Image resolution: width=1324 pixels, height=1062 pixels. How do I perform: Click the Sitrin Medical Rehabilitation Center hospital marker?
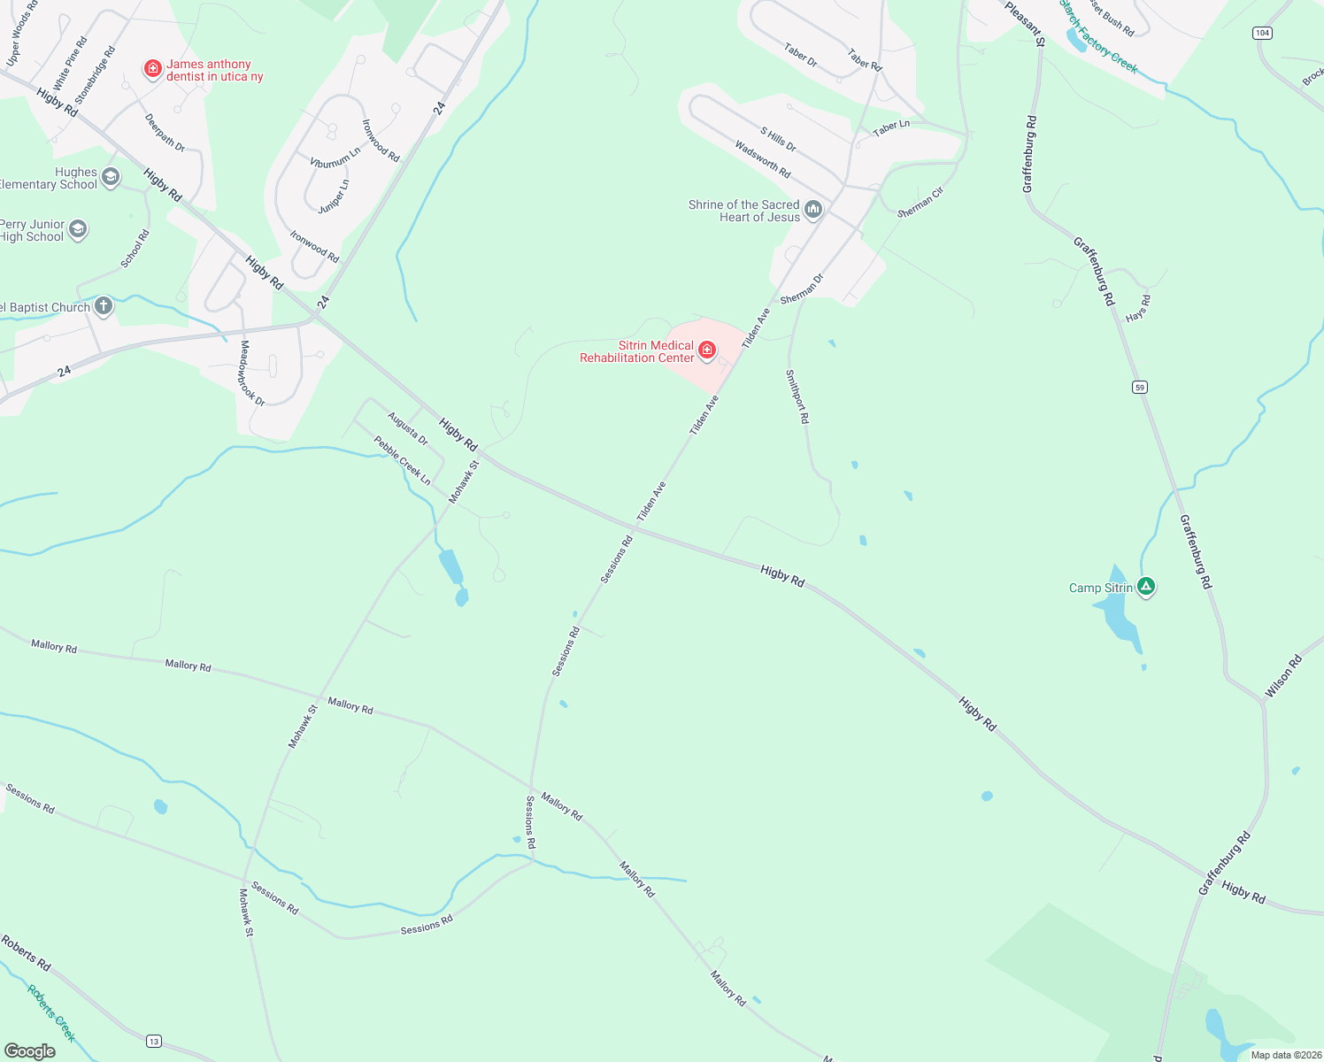(x=707, y=350)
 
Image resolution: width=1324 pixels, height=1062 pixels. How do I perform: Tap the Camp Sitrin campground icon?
(x=1146, y=586)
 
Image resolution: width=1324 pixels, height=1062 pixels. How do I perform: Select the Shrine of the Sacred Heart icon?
(x=813, y=210)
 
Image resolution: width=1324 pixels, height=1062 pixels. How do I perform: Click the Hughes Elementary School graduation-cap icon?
(x=111, y=177)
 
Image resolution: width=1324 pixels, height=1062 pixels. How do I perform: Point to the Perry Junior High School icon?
(x=78, y=230)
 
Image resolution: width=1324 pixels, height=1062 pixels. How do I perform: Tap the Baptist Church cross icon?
(x=104, y=307)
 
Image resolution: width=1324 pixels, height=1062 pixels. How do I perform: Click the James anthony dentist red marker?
(x=153, y=68)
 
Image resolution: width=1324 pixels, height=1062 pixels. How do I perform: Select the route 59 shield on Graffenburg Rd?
(x=1140, y=387)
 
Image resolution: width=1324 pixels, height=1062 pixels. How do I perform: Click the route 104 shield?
(x=1262, y=33)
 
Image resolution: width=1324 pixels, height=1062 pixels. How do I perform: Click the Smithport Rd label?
(x=797, y=396)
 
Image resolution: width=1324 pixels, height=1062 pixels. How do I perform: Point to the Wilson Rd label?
(x=1283, y=676)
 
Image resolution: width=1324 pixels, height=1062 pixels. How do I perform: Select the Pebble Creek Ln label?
(x=402, y=460)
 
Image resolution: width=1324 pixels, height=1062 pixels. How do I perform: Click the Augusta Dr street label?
(x=407, y=428)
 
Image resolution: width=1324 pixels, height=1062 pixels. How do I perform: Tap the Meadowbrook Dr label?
(x=252, y=373)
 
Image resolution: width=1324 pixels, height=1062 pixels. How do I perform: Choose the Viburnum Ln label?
(x=335, y=158)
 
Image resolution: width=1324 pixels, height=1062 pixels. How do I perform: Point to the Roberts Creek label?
(x=51, y=1013)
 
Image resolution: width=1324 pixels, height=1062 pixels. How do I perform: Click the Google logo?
(x=30, y=1050)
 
